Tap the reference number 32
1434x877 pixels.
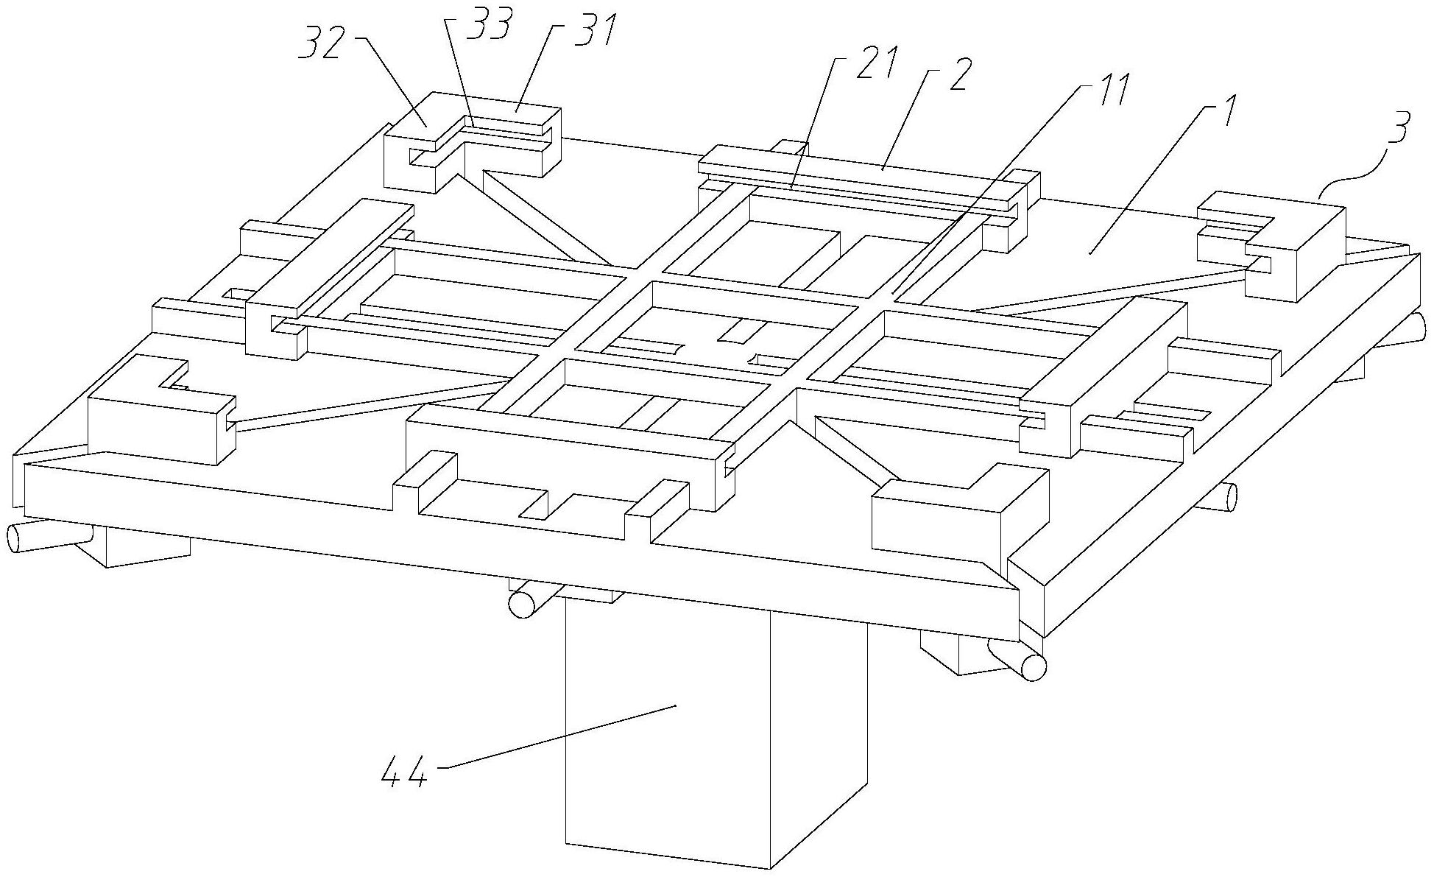pyautogui.click(x=325, y=46)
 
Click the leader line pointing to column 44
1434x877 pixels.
pyautogui.click(x=559, y=736)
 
